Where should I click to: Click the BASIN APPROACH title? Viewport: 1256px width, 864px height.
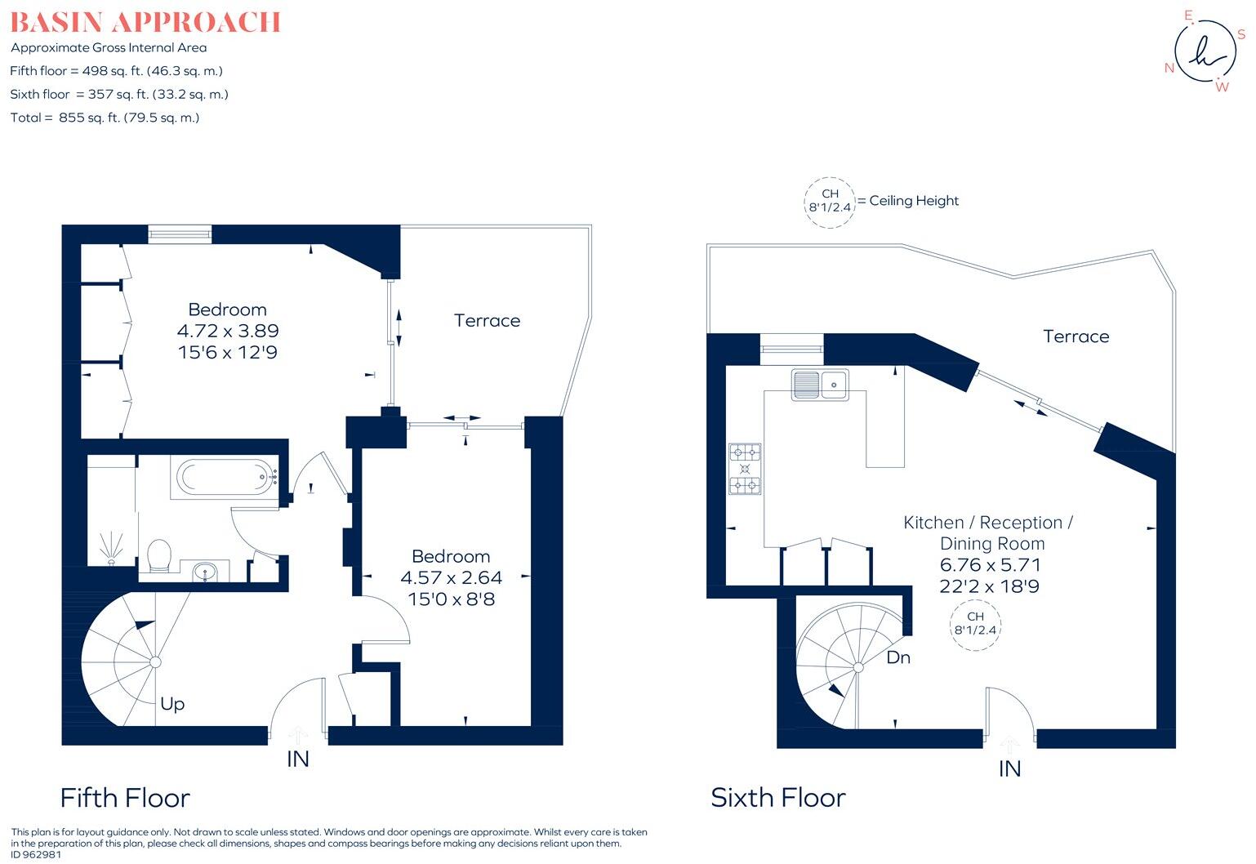point(145,22)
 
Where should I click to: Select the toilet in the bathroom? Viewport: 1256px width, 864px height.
point(159,555)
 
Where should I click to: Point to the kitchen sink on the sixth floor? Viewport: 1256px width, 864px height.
point(820,384)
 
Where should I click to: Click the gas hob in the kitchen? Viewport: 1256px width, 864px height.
point(745,470)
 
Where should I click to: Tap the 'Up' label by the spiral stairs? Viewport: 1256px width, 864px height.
point(172,704)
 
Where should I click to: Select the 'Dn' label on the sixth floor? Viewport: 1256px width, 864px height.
point(898,657)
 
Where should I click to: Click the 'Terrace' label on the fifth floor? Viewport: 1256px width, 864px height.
point(487,321)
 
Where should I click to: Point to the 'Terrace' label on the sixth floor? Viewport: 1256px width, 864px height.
point(1076,336)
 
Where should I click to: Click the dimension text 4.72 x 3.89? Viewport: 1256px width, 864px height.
point(228,331)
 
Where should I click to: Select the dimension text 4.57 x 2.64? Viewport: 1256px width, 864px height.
point(451,577)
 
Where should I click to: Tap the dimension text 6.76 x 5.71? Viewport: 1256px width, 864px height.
point(990,564)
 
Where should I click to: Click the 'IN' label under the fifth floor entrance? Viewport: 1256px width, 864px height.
point(298,759)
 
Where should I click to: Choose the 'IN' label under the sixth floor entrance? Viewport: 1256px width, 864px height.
point(1010,769)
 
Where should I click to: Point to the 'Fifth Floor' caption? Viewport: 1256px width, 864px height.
point(125,798)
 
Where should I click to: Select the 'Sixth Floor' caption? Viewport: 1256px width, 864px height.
point(778,798)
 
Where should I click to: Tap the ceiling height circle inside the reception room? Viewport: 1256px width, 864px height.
point(976,623)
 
